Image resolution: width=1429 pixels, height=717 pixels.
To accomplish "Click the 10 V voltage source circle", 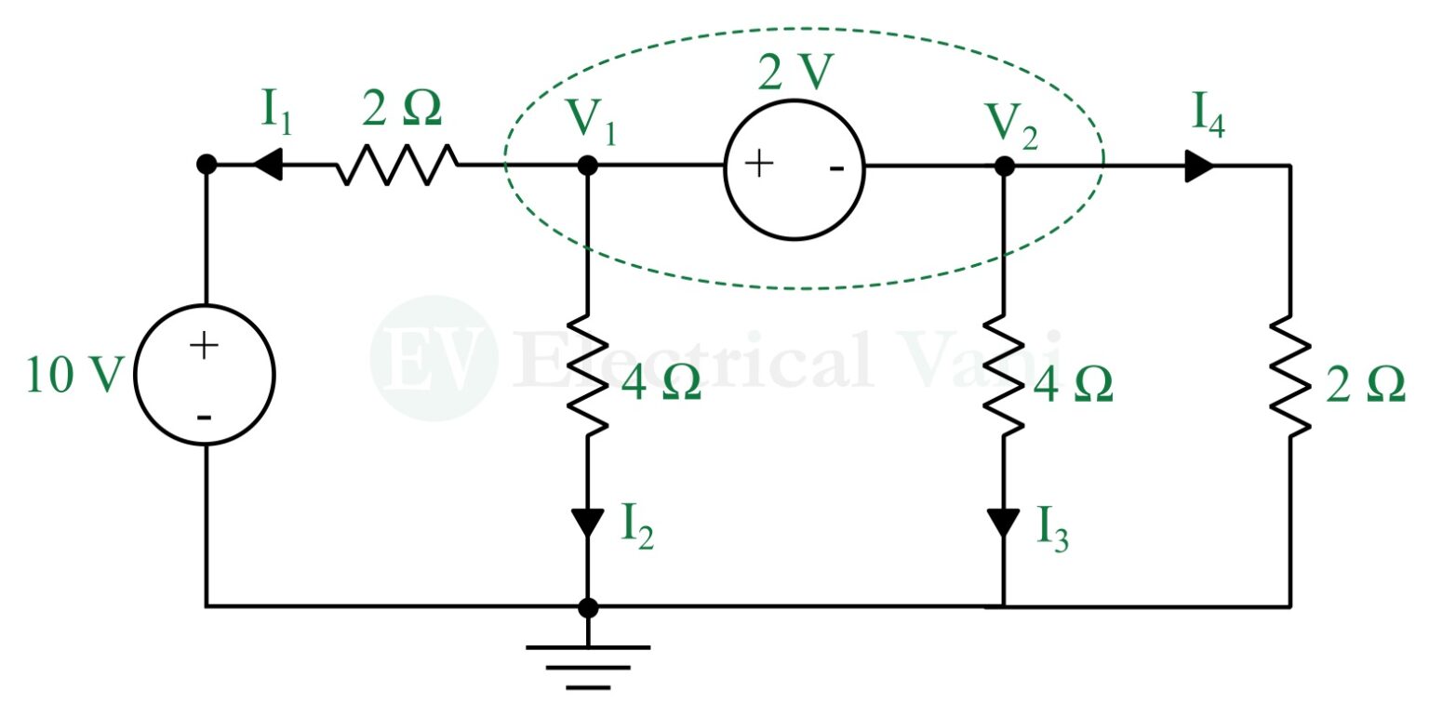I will tap(204, 375).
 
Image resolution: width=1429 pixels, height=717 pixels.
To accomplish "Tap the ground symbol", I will tap(588, 666).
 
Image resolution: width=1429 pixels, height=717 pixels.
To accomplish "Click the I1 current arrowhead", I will tap(267, 166).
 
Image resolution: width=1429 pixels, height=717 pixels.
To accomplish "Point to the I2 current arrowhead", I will tap(588, 522).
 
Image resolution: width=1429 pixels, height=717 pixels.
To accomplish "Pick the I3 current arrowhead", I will tap(1004, 522).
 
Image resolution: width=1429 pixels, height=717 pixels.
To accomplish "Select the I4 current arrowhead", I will tap(1199, 166).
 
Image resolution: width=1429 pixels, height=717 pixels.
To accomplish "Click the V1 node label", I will tap(592, 120).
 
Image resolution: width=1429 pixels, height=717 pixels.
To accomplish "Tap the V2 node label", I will tap(1008, 120).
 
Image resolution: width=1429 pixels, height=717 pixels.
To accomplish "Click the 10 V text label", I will tap(73, 376).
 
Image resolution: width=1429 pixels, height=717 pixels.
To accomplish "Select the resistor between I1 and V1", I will tap(398, 166).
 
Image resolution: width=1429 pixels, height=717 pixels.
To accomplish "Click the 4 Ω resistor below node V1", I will tap(588, 377).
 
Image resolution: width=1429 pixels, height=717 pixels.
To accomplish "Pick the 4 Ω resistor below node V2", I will tap(1004, 377).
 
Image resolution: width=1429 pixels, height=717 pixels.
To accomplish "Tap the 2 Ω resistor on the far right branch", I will tap(1289, 377).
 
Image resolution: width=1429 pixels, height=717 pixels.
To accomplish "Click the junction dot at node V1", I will tap(588, 166).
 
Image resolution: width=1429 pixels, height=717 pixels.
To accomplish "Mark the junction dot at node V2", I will tap(1004, 166).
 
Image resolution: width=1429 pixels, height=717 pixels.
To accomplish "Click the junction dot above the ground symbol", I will tap(588, 607).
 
